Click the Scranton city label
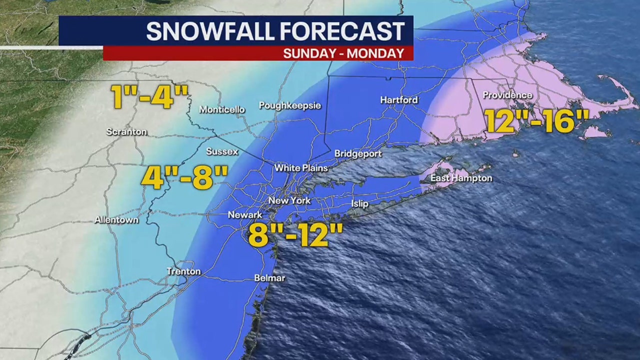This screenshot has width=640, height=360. [x=126, y=132]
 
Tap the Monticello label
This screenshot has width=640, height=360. [x=222, y=109]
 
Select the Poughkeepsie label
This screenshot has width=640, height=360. [x=289, y=105]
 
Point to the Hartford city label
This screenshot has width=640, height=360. [x=398, y=100]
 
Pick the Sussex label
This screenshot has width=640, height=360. [x=222, y=151]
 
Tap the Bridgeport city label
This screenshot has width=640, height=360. [x=357, y=153]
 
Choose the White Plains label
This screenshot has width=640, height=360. [x=300, y=168]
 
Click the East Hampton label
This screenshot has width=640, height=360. [x=461, y=178]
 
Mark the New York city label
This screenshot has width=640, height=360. [x=289, y=200]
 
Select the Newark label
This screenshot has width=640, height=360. [x=244, y=214]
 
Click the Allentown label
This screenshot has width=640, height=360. [x=116, y=219]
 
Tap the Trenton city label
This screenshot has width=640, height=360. [x=183, y=271]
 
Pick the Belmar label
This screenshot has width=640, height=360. [x=269, y=278]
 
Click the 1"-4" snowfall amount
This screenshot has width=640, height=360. [x=150, y=97]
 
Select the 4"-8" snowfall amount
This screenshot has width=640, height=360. [x=184, y=177]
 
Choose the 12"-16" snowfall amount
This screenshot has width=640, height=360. [x=536, y=120]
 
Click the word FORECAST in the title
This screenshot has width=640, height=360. [x=341, y=31]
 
